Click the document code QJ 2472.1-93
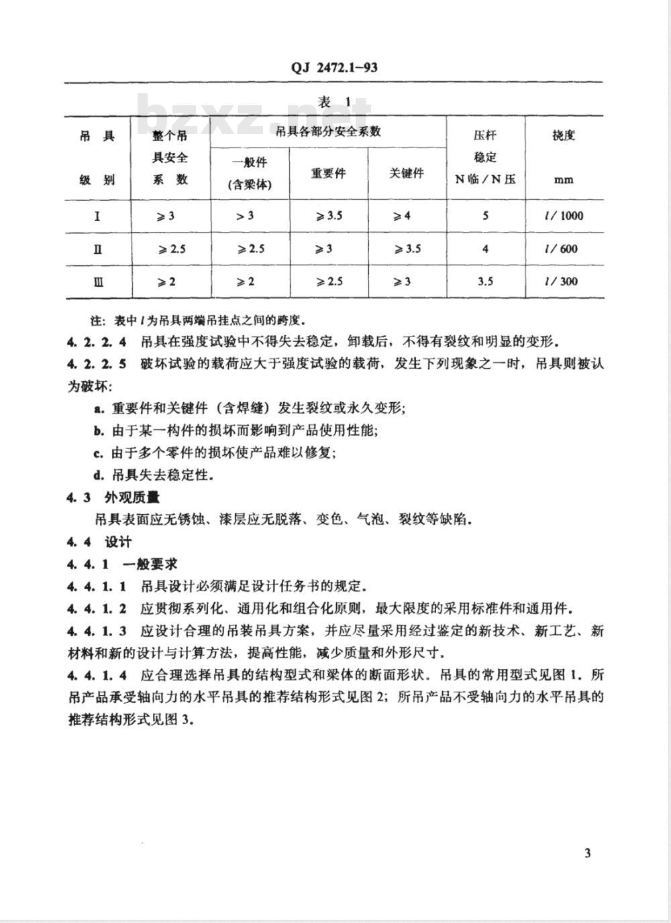pyautogui.click(x=334, y=67)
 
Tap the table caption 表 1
pyautogui.click(x=334, y=102)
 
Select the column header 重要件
pyautogui.click(x=328, y=173)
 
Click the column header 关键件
pyautogui.click(x=407, y=173)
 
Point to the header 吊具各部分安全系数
pyautogui.click(x=328, y=131)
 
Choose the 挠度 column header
pyautogui.click(x=564, y=135)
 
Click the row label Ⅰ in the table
pyautogui.click(x=98, y=216)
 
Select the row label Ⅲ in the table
pyautogui.click(x=98, y=282)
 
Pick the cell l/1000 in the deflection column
pyautogui.click(x=564, y=216)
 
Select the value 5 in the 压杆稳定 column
pyautogui.click(x=485, y=216)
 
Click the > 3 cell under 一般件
pyautogui.click(x=245, y=216)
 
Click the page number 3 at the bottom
pyautogui.click(x=588, y=853)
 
